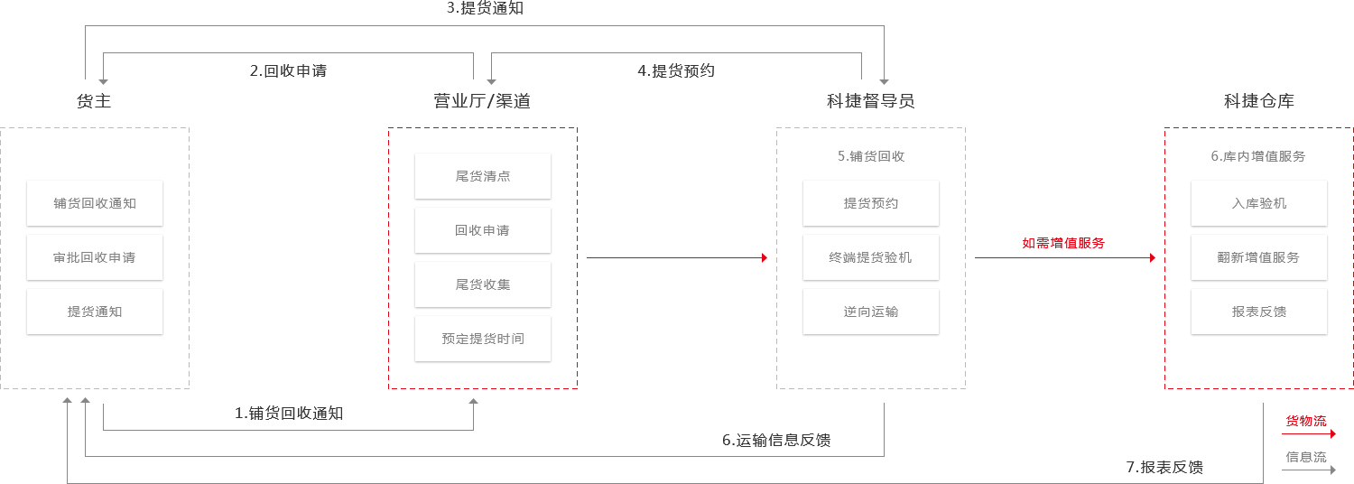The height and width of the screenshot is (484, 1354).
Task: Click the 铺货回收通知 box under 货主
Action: coord(95,203)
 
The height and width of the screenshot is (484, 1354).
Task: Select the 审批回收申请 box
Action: coord(95,257)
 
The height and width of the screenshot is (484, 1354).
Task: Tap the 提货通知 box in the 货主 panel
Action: coord(95,312)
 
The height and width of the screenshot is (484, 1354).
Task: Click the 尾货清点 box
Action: coord(483,176)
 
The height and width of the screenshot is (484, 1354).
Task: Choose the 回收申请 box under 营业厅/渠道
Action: coord(483,230)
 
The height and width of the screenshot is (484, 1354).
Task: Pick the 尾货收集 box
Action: coord(483,284)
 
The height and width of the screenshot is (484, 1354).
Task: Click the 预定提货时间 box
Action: coord(483,339)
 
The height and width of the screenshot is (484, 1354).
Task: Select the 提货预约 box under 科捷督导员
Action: coord(871,203)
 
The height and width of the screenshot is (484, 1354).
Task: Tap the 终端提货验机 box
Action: coord(871,257)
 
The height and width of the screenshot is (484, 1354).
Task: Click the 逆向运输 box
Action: coord(871,312)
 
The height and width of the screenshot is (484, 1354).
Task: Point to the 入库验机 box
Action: coord(1259,203)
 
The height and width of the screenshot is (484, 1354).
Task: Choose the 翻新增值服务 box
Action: coord(1259,257)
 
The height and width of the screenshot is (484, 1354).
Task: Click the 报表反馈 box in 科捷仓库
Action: coord(1259,312)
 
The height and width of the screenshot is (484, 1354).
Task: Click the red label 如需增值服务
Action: coord(1063,243)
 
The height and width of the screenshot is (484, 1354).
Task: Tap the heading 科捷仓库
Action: coord(1259,101)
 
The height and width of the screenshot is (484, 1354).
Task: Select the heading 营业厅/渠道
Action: coord(482,101)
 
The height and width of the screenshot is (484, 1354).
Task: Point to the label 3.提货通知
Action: coord(485,9)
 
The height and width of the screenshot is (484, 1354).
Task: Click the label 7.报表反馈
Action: coord(1164,467)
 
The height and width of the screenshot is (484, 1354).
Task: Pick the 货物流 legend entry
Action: coord(1306,421)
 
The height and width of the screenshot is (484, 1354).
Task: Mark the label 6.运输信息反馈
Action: coord(776,441)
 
